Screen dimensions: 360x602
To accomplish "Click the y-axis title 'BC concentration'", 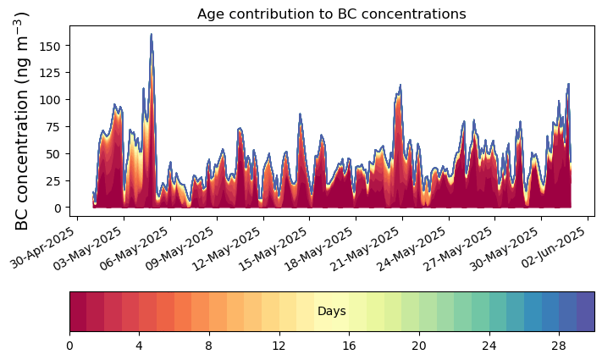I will click(x=23, y=120).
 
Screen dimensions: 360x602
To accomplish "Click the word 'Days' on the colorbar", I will click(x=331, y=312).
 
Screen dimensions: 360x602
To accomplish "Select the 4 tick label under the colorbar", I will click(x=139, y=346).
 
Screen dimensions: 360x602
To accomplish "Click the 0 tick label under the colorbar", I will click(x=69, y=346).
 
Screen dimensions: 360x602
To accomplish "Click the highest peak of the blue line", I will click(x=152, y=35).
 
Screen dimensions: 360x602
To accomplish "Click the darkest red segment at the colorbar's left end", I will click(x=78, y=312).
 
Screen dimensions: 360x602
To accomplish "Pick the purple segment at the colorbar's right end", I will click(x=585, y=312).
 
